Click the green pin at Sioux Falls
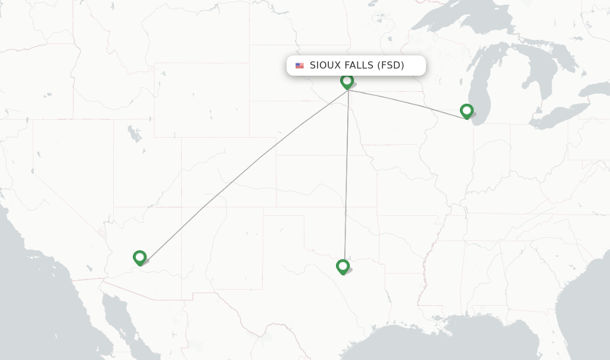click(x=347, y=80)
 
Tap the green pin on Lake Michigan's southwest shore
click(x=466, y=110)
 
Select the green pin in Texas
click(x=343, y=266)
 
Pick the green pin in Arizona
click(x=140, y=257)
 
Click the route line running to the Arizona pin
click(x=238, y=176)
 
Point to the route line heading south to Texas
click(x=346, y=179)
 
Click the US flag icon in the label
click(x=299, y=66)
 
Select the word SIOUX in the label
click(x=326, y=66)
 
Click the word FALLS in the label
click(x=359, y=66)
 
